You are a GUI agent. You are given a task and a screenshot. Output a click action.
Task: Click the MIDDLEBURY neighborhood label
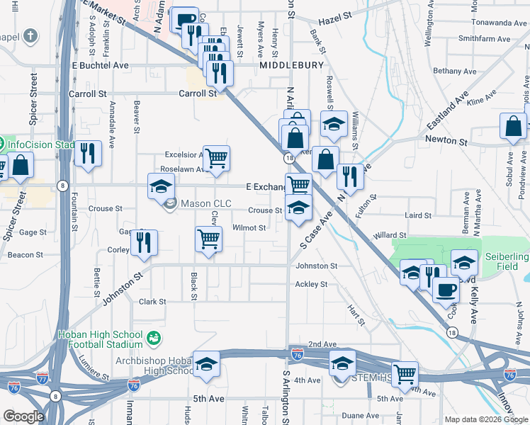click(x=291, y=65)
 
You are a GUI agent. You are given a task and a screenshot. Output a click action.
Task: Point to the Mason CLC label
click(x=206, y=203)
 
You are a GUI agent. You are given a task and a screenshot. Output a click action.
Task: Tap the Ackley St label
click(x=311, y=284)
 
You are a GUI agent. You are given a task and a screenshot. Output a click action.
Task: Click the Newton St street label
click(x=446, y=141)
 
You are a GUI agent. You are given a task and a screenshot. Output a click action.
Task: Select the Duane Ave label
click(x=361, y=415)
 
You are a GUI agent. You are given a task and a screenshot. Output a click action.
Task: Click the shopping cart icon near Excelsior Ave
click(x=217, y=157)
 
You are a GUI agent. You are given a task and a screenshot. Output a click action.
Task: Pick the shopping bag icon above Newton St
click(x=513, y=127)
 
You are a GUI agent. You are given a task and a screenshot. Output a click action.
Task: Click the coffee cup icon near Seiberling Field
click(x=446, y=290)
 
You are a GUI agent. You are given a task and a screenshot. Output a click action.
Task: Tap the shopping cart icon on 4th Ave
click(x=405, y=373)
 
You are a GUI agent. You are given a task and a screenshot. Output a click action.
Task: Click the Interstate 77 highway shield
click(x=43, y=379)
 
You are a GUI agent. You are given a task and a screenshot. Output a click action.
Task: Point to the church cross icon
click(x=30, y=35)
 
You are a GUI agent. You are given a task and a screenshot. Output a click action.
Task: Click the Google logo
click(x=23, y=416)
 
